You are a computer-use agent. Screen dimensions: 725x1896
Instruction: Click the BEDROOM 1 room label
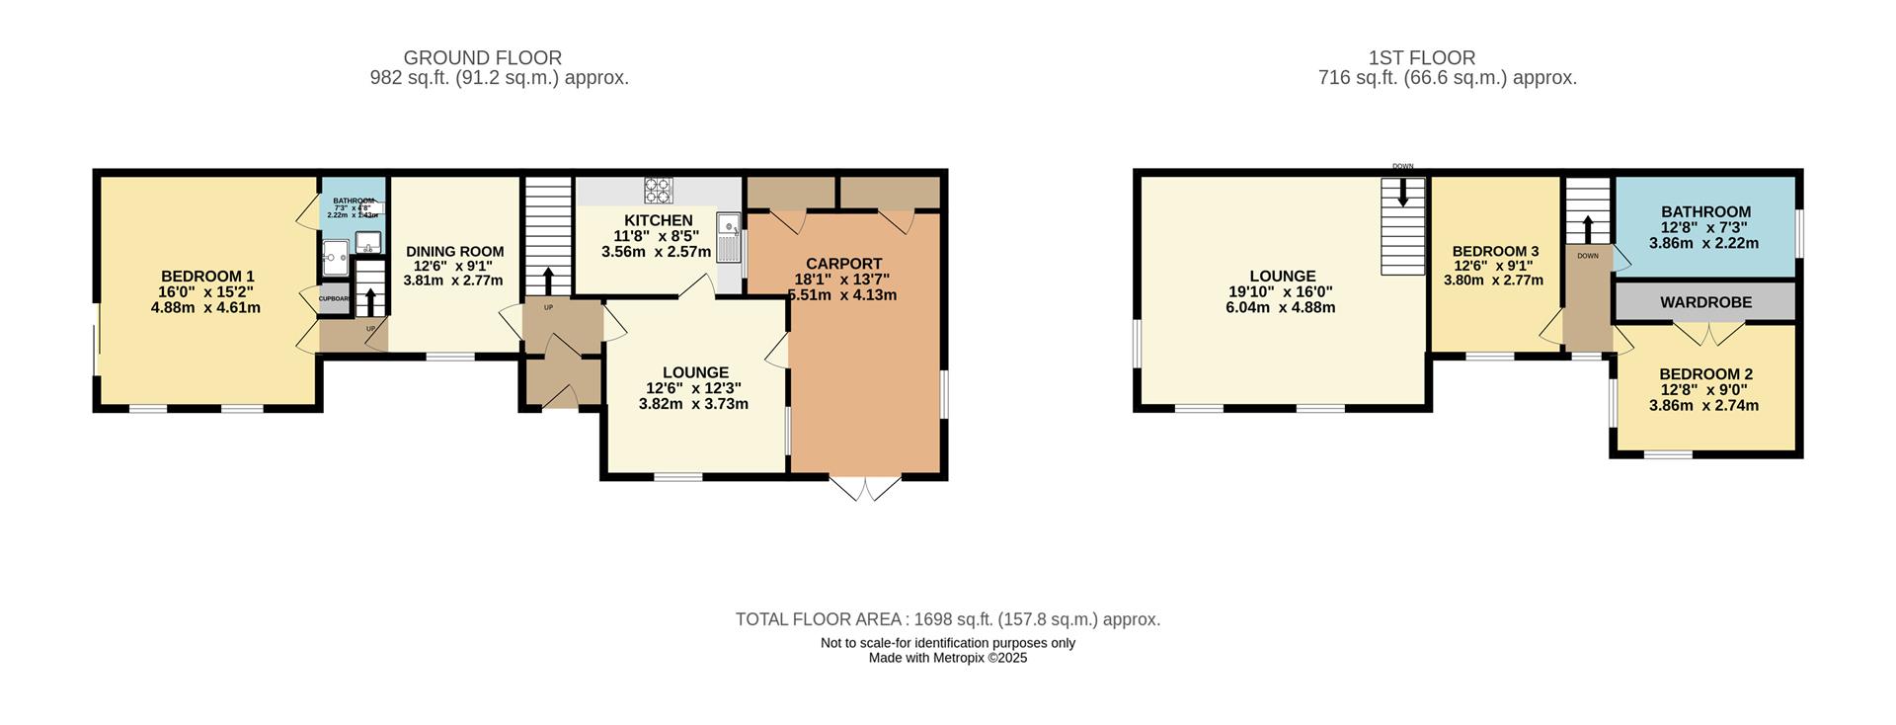[x=207, y=277]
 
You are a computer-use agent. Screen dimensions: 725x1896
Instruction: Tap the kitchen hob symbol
[x=657, y=188]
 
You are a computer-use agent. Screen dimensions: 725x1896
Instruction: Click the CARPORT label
[x=843, y=264]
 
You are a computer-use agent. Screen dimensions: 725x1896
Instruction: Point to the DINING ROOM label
[x=454, y=252]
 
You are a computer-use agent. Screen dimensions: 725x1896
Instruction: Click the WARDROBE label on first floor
[x=1705, y=302]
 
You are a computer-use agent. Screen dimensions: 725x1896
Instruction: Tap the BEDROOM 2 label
[x=1705, y=374]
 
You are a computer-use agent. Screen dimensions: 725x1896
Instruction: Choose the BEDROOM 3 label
[x=1494, y=252]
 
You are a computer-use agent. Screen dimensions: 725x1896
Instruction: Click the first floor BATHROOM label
[x=1705, y=211]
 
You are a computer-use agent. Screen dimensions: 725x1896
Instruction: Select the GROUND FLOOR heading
[x=482, y=58]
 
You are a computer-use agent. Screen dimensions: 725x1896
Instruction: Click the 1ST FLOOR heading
[x=1421, y=58]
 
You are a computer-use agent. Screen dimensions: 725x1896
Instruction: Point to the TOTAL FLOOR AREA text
[x=947, y=619]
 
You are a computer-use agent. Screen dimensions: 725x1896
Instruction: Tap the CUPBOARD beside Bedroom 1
[x=334, y=298]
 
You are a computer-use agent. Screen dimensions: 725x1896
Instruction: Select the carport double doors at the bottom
[x=865, y=490]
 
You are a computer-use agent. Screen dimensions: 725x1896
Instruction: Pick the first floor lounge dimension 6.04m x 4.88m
[x=1281, y=307]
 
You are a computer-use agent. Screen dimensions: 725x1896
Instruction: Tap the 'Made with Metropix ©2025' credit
[x=947, y=658]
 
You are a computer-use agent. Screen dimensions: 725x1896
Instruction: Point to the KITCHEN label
[x=658, y=220]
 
